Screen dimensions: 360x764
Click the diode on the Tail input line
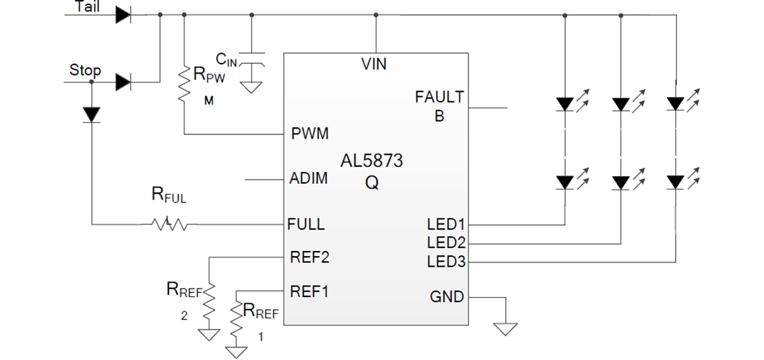click(124, 14)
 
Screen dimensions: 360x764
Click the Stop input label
click(85, 70)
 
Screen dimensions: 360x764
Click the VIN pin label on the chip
click(374, 64)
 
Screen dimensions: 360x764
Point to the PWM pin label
click(310, 134)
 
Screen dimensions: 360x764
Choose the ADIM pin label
click(309, 178)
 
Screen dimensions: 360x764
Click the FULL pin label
click(306, 224)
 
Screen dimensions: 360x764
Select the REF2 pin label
click(310, 257)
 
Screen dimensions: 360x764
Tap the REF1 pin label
click(310, 291)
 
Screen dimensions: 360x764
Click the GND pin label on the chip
click(446, 296)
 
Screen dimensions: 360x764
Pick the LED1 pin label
click(446, 225)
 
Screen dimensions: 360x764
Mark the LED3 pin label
click(446, 262)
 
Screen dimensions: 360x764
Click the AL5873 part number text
click(371, 161)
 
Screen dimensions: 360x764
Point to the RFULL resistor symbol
click(168, 225)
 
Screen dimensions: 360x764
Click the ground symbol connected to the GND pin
click(506, 328)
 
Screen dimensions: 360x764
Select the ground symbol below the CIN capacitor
click(250, 88)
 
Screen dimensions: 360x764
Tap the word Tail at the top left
click(87, 6)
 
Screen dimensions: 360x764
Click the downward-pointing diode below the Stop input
click(92, 114)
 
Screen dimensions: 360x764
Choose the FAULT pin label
click(439, 97)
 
